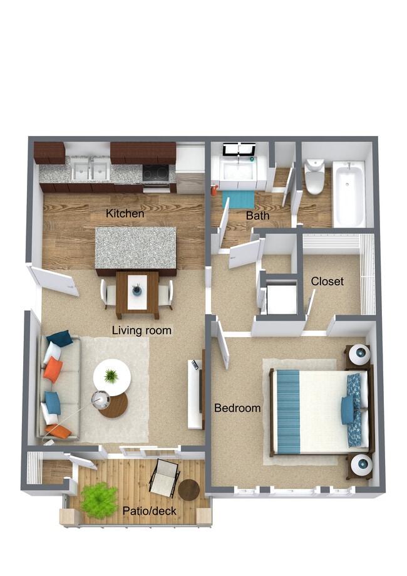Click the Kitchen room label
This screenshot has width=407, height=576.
click(125, 213)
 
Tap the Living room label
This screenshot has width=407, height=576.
click(142, 330)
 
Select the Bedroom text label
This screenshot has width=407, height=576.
click(237, 408)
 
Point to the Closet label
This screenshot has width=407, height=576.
click(327, 281)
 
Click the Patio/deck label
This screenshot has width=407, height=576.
click(150, 511)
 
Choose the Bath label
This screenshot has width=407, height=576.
click(257, 215)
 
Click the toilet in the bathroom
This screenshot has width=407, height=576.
click(314, 177)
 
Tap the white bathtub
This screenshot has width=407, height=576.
click(349, 194)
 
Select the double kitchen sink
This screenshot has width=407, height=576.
click(90, 170)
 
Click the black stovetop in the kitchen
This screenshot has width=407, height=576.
click(156, 173)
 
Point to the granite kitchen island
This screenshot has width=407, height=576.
click(136, 248)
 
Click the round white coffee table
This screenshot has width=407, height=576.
click(112, 377)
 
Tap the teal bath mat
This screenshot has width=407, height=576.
click(239, 199)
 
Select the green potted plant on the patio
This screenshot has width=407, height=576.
click(99, 500)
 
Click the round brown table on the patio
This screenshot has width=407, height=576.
click(189, 490)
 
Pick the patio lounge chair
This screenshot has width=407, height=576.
click(164, 478)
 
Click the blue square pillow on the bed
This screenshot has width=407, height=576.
click(348, 411)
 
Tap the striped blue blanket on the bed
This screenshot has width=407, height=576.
click(289, 411)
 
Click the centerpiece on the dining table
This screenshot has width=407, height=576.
click(137, 290)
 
